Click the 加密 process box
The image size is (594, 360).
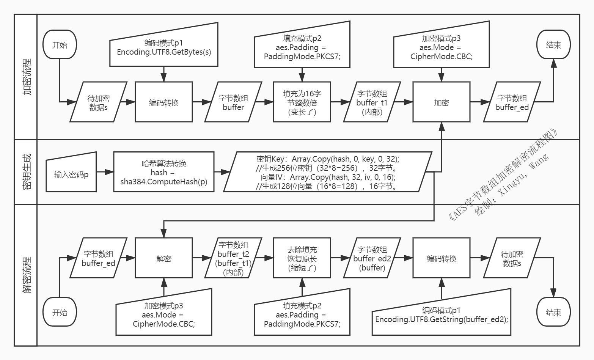[x=441, y=102]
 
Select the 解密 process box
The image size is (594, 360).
[x=164, y=258]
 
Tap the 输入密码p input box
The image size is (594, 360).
[x=71, y=172]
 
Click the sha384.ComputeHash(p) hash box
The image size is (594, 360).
[x=164, y=172]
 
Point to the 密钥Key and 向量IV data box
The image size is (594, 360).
[x=328, y=172]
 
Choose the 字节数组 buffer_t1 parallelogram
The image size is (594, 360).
[x=372, y=102]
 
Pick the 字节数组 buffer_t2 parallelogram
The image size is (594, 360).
[x=233, y=258]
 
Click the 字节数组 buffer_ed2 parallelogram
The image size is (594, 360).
[x=372, y=258]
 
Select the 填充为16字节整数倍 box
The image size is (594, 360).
[x=302, y=102]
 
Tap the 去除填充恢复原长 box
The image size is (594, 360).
[x=302, y=258]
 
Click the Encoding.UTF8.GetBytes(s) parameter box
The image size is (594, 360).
[x=164, y=44]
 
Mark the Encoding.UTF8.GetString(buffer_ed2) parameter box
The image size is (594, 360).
[x=442, y=312]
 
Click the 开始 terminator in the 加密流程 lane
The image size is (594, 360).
[x=60, y=44]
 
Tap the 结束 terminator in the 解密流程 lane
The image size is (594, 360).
[x=553, y=312]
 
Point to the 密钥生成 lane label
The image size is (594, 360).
[x=27, y=171]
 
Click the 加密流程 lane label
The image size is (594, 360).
[x=27, y=77]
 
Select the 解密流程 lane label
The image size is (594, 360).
[x=27, y=275]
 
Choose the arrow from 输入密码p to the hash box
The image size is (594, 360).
[x=105, y=172]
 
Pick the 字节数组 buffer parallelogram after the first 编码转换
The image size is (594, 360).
[x=233, y=102]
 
